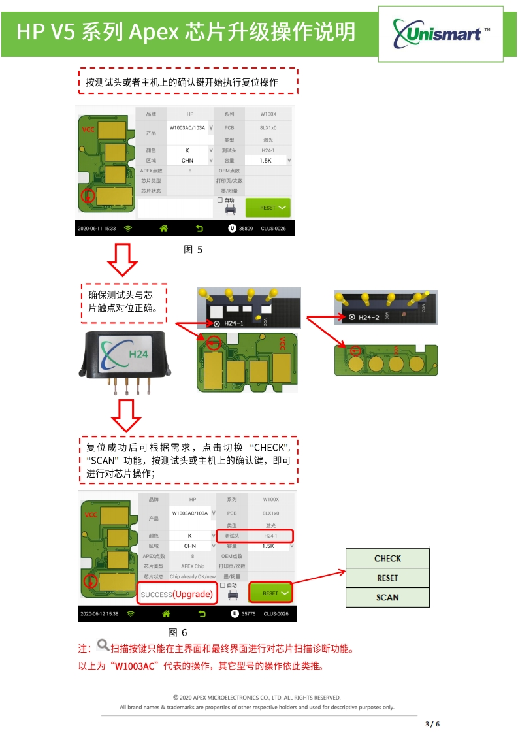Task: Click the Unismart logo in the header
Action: point(441,33)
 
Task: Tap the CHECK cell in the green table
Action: point(387,559)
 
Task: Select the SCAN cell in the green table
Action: point(387,597)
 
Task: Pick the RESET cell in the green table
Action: point(387,578)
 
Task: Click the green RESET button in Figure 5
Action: point(268,208)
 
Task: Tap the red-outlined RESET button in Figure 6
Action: point(270,593)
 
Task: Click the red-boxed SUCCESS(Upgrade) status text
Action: point(177,594)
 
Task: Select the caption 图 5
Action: point(193,250)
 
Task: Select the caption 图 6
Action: point(178,632)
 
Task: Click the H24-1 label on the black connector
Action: point(233,323)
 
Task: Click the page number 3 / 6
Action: point(432,724)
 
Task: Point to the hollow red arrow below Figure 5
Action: point(122,259)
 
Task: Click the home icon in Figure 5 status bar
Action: point(164,229)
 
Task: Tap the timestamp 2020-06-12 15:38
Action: point(99,614)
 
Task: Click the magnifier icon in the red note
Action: point(103,646)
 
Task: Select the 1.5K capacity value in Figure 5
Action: point(265,160)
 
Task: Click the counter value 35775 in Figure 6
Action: point(249,614)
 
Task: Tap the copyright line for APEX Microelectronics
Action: point(257,698)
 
